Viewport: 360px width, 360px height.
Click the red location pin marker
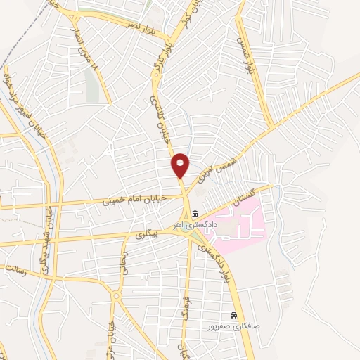click(x=181, y=165)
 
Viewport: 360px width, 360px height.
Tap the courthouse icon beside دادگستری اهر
click(x=195, y=214)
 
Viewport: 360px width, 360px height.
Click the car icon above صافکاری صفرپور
click(x=234, y=316)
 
